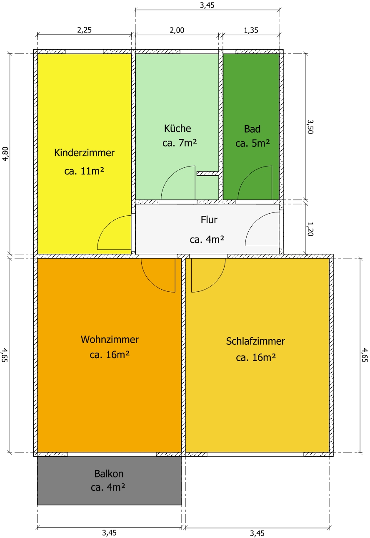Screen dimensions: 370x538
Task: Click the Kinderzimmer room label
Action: point(85,153)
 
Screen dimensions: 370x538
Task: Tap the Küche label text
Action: point(177,128)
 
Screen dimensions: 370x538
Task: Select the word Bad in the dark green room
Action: point(252,129)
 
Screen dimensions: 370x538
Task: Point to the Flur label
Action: point(209,220)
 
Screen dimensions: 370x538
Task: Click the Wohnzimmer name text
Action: point(110,339)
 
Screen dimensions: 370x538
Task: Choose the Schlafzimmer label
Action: point(255,341)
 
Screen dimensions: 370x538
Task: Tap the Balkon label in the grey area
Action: point(109,474)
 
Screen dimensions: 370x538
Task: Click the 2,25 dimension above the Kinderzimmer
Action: point(84,30)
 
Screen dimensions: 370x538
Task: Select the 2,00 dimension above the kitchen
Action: point(177,30)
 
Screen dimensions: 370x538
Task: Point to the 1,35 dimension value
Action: point(251,30)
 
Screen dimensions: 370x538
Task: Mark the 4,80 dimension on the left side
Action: point(5,154)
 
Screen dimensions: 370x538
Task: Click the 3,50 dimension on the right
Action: point(310,126)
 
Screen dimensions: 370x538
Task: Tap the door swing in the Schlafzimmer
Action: point(215,283)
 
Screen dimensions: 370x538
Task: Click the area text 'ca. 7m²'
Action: point(180,143)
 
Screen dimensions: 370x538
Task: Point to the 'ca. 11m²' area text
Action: point(84,171)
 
